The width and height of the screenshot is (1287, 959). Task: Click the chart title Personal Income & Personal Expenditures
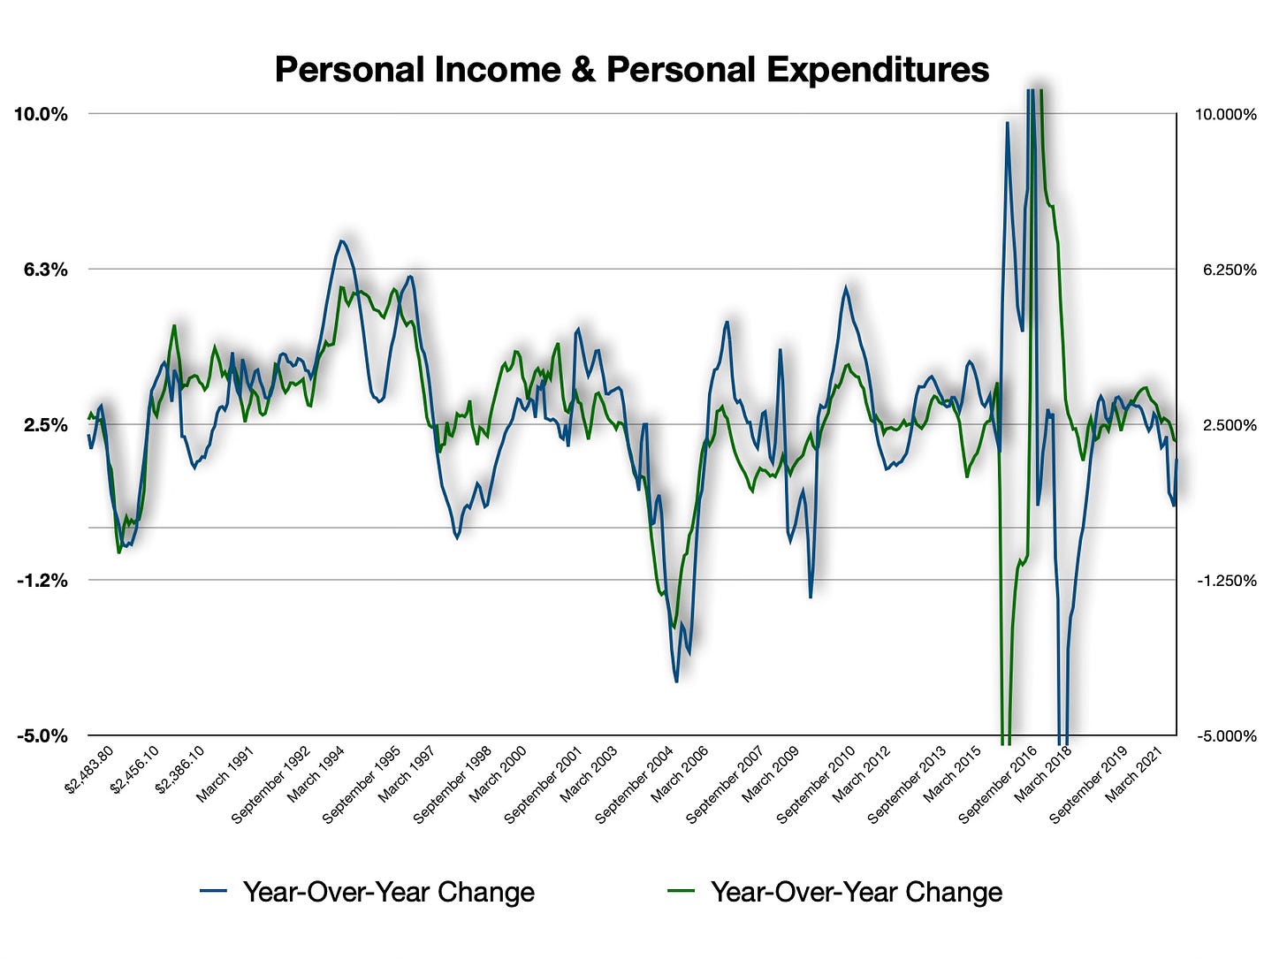pyautogui.click(x=631, y=69)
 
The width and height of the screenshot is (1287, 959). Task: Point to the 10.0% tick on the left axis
pyautogui.click(x=40, y=114)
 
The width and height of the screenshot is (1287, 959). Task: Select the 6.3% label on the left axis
pyautogui.click(x=44, y=270)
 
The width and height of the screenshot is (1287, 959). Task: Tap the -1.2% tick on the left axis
pyautogui.click(x=43, y=581)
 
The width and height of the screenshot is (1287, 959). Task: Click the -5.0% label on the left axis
pyautogui.click(x=42, y=736)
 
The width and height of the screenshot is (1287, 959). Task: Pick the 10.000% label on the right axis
pyautogui.click(x=1225, y=115)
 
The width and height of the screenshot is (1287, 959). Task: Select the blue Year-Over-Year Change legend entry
pyautogui.click(x=368, y=892)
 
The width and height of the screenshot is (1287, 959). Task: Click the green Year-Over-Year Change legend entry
pyautogui.click(x=835, y=892)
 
